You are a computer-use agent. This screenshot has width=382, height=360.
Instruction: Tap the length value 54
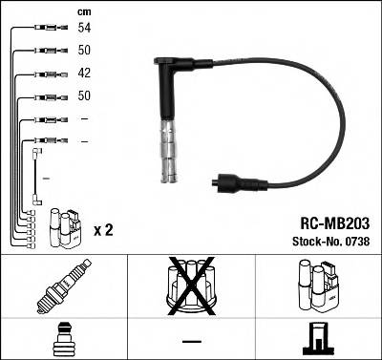click(84, 30)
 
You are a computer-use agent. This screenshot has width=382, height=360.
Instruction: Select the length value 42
click(84, 73)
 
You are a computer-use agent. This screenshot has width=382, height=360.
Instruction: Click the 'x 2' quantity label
click(103, 231)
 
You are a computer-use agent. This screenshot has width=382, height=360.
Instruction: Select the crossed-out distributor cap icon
click(190, 286)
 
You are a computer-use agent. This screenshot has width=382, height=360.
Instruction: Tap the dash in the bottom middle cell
click(191, 340)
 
